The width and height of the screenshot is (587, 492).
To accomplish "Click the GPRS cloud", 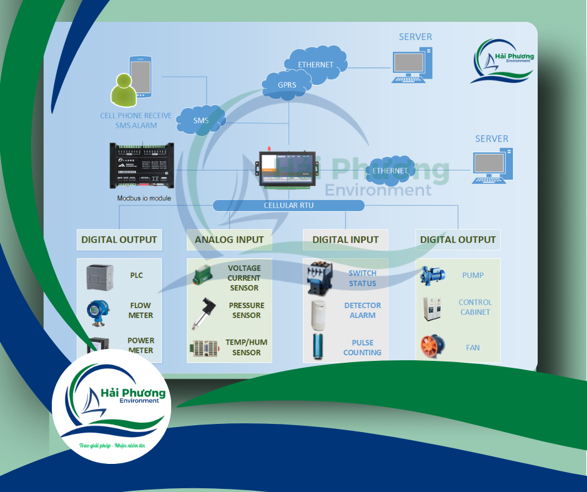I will [x=287, y=84].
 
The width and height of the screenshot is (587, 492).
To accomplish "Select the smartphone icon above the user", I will [x=140, y=76].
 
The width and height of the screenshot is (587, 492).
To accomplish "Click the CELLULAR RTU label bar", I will [x=288, y=205].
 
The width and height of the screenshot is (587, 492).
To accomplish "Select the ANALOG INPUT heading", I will [x=229, y=239].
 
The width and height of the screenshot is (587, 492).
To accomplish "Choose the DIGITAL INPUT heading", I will [x=345, y=239].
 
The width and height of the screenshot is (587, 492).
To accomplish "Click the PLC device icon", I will [x=99, y=275].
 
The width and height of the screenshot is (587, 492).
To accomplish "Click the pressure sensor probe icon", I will [x=203, y=313].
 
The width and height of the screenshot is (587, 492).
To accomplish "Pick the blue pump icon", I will [x=433, y=275].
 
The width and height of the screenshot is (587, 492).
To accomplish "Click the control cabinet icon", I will [x=432, y=308].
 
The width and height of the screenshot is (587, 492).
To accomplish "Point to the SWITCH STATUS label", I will [x=362, y=278].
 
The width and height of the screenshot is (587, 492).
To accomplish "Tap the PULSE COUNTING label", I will [x=362, y=347].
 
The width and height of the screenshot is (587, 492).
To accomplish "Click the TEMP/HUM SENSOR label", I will [x=243, y=348].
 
